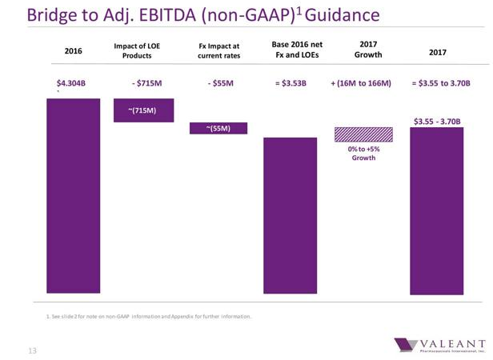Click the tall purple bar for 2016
pos(73,196)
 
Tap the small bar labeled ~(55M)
pos(218,129)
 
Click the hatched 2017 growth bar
pos(363,134)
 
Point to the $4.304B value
pos(71,83)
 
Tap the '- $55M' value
pos(218,83)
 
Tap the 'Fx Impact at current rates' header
pos(218,50)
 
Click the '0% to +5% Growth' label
pos(363,154)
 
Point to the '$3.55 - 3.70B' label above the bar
pos(437,121)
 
